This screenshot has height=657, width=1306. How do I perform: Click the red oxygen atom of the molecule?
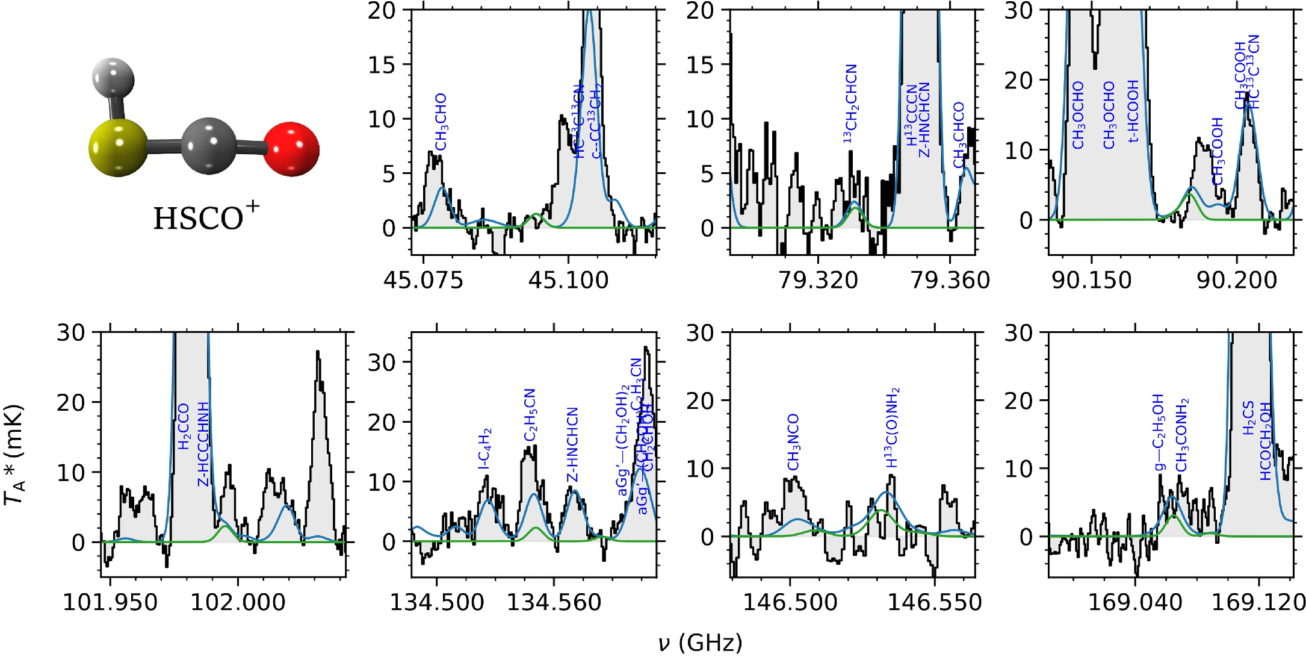[291, 149]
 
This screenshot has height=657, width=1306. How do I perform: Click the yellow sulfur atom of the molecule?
[118, 148]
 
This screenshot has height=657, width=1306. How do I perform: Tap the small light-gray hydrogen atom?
[113, 78]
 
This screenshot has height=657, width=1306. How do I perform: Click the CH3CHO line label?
[441, 122]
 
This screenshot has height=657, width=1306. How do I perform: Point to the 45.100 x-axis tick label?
[568, 280]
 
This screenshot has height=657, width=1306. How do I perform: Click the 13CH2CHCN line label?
[850, 104]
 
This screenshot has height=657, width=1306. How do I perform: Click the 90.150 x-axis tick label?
[1091, 280]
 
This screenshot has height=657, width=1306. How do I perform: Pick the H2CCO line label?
[184, 426]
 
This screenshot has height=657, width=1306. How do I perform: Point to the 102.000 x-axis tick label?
[238, 602]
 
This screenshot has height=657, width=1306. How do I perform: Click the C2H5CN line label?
[530, 415]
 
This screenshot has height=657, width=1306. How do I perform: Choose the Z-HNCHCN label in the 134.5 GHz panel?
[572, 445]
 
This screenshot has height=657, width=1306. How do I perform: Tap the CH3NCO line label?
[793, 442]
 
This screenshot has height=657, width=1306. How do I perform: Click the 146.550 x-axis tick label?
[934, 602]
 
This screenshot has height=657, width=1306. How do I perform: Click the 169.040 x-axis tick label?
[1135, 602]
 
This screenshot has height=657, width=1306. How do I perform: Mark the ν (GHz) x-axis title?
[700, 643]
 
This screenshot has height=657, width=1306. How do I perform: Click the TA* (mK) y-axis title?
[14, 455]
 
